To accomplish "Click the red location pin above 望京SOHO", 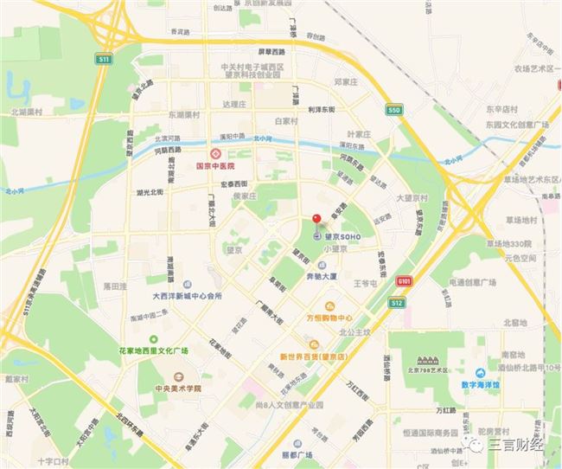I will click(316, 219).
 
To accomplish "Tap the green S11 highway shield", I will click(104, 59).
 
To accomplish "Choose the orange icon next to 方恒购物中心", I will click(329, 305).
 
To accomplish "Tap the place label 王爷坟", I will click(367, 283).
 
